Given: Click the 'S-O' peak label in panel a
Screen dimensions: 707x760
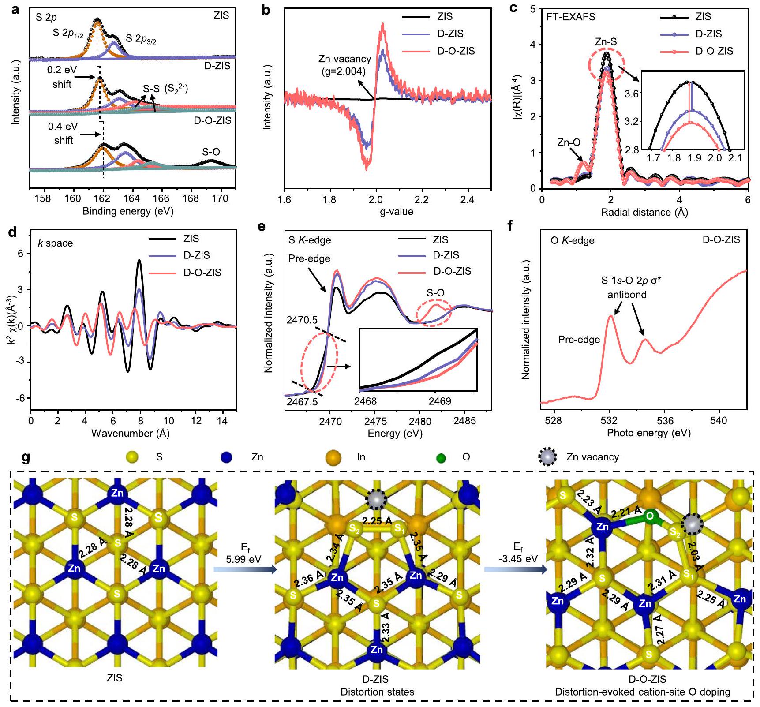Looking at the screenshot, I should (211, 152).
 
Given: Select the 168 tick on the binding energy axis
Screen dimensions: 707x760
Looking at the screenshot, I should (191, 198).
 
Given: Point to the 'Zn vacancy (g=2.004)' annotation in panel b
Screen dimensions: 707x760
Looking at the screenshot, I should (345, 64).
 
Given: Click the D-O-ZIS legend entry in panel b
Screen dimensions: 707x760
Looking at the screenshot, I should (456, 51).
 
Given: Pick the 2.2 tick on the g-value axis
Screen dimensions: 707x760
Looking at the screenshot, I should (422, 200).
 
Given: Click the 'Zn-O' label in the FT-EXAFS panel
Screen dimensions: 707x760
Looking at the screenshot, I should (569, 142).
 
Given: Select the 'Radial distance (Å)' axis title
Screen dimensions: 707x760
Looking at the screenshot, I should (644, 213).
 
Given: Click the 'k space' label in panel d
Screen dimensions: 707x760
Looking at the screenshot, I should (55, 243).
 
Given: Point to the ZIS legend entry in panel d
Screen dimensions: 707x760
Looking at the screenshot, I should (191, 239).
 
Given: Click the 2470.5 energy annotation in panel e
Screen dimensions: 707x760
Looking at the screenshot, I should (302, 320).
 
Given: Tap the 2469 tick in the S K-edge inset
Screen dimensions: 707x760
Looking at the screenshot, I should (440, 401).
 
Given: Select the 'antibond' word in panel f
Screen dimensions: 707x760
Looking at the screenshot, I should (627, 295).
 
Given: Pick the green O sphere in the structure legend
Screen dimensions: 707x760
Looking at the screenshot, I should (440, 458).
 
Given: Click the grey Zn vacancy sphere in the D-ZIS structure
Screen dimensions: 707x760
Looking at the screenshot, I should (377, 499).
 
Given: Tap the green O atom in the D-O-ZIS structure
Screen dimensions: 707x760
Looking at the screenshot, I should (649, 516).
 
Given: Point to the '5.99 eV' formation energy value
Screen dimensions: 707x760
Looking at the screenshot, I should (243, 559).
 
